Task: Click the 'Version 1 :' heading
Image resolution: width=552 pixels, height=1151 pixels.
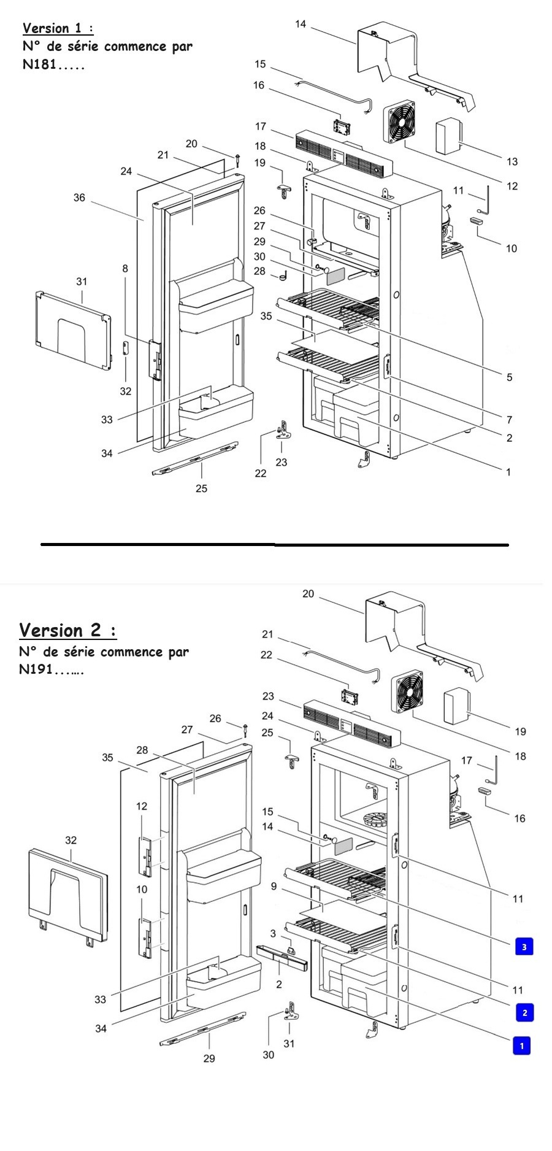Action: tap(58, 28)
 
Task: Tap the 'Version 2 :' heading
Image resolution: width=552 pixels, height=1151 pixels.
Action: tap(67, 630)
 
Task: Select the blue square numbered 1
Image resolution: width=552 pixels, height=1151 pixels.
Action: tap(521, 1045)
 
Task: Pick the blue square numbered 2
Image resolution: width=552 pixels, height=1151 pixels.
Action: tap(524, 1012)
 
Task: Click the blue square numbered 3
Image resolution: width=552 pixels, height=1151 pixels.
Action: tap(524, 947)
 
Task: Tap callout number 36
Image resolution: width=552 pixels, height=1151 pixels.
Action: tap(79, 198)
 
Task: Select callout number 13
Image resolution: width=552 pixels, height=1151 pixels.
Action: tap(512, 161)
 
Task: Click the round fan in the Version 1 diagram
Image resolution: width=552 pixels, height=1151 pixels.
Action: tap(399, 122)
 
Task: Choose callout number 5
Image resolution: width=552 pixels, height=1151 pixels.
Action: tap(509, 377)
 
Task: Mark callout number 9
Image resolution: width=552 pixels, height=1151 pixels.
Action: tap(274, 886)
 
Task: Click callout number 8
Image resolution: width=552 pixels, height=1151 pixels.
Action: tap(125, 268)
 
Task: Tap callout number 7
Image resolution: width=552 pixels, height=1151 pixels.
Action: tap(509, 420)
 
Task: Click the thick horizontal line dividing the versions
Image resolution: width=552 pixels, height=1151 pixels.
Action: tap(274, 544)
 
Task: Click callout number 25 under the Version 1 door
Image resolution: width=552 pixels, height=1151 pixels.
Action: tap(201, 488)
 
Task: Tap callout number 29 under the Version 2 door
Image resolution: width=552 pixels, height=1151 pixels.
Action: tap(209, 1058)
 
